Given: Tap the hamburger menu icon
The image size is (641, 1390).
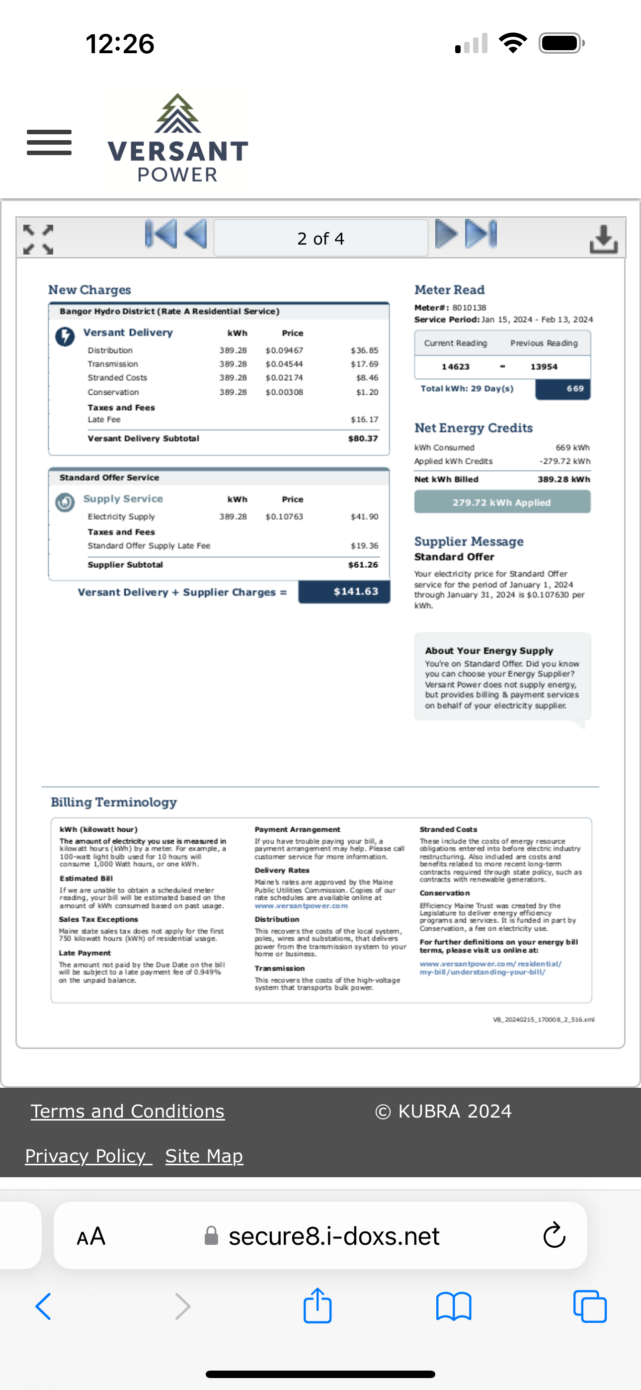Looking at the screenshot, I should click(x=49, y=143).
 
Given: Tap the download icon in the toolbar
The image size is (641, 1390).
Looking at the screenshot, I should click(x=603, y=239).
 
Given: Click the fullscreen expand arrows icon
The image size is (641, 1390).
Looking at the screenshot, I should click(x=38, y=239).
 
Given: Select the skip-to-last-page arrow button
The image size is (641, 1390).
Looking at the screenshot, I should click(x=481, y=234).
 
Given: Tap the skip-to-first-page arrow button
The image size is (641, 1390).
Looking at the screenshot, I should click(x=161, y=234).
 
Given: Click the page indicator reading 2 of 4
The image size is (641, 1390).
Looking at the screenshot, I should click(x=320, y=239).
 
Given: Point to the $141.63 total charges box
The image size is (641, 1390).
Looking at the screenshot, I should click(x=344, y=592).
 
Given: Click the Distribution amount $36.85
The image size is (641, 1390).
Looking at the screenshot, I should click(x=364, y=350).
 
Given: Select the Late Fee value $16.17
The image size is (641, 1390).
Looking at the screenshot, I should click(x=364, y=419).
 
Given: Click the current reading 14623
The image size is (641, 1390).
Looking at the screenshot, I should click(x=455, y=366).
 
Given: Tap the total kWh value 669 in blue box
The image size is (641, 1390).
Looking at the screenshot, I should click(x=574, y=388).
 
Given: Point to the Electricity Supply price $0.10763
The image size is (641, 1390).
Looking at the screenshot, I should click(x=284, y=517).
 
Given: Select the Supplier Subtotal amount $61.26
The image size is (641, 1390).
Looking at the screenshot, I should click(x=363, y=564).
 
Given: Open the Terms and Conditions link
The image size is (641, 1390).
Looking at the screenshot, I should click(x=127, y=1111).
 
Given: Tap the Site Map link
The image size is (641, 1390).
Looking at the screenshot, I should click(x=204, y=1156).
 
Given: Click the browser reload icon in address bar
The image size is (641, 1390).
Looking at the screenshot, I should click(x=554, y=1236).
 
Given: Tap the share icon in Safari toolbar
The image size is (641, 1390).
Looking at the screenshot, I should click(x=317, y=1306).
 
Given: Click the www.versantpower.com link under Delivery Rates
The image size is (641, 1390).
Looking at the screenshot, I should click(x=301, y=906).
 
